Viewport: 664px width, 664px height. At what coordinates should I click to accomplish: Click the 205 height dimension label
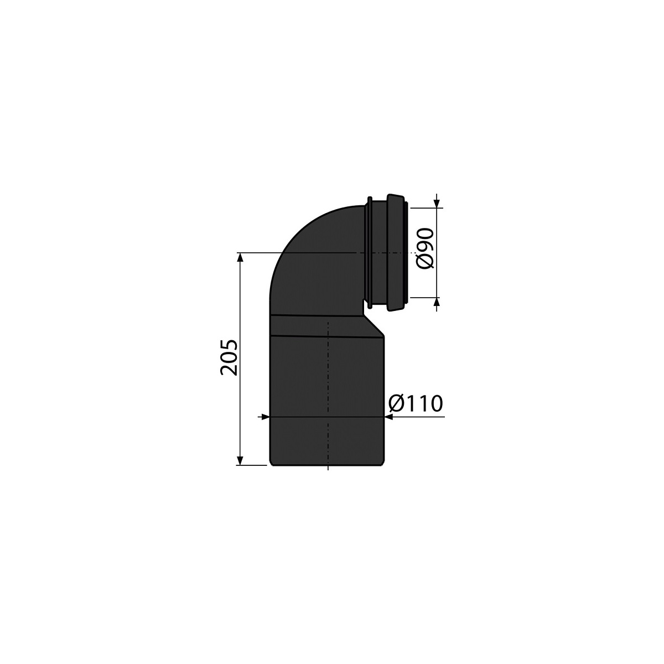229,357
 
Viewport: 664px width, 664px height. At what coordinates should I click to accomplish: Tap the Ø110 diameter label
415,403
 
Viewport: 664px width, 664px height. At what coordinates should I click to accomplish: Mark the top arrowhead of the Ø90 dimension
437,203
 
